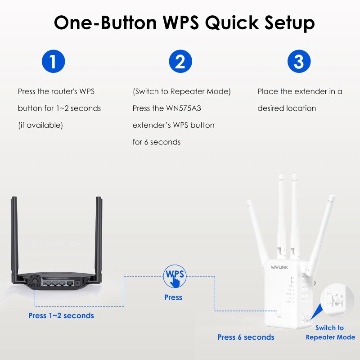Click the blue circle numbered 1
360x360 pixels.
[53, 61]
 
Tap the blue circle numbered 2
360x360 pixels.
[180, 61]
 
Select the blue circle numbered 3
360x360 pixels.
[299, 61]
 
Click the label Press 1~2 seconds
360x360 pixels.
[61, 315]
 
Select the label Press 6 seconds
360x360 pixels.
[246, 337]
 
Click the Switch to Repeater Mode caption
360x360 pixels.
[330, 333]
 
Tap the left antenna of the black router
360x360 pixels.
[14, 234]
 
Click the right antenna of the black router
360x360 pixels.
[99, 234]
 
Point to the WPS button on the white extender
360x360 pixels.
[279, 310]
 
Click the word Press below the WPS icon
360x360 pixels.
[173, 297]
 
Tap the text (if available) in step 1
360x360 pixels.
[40, 125]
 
